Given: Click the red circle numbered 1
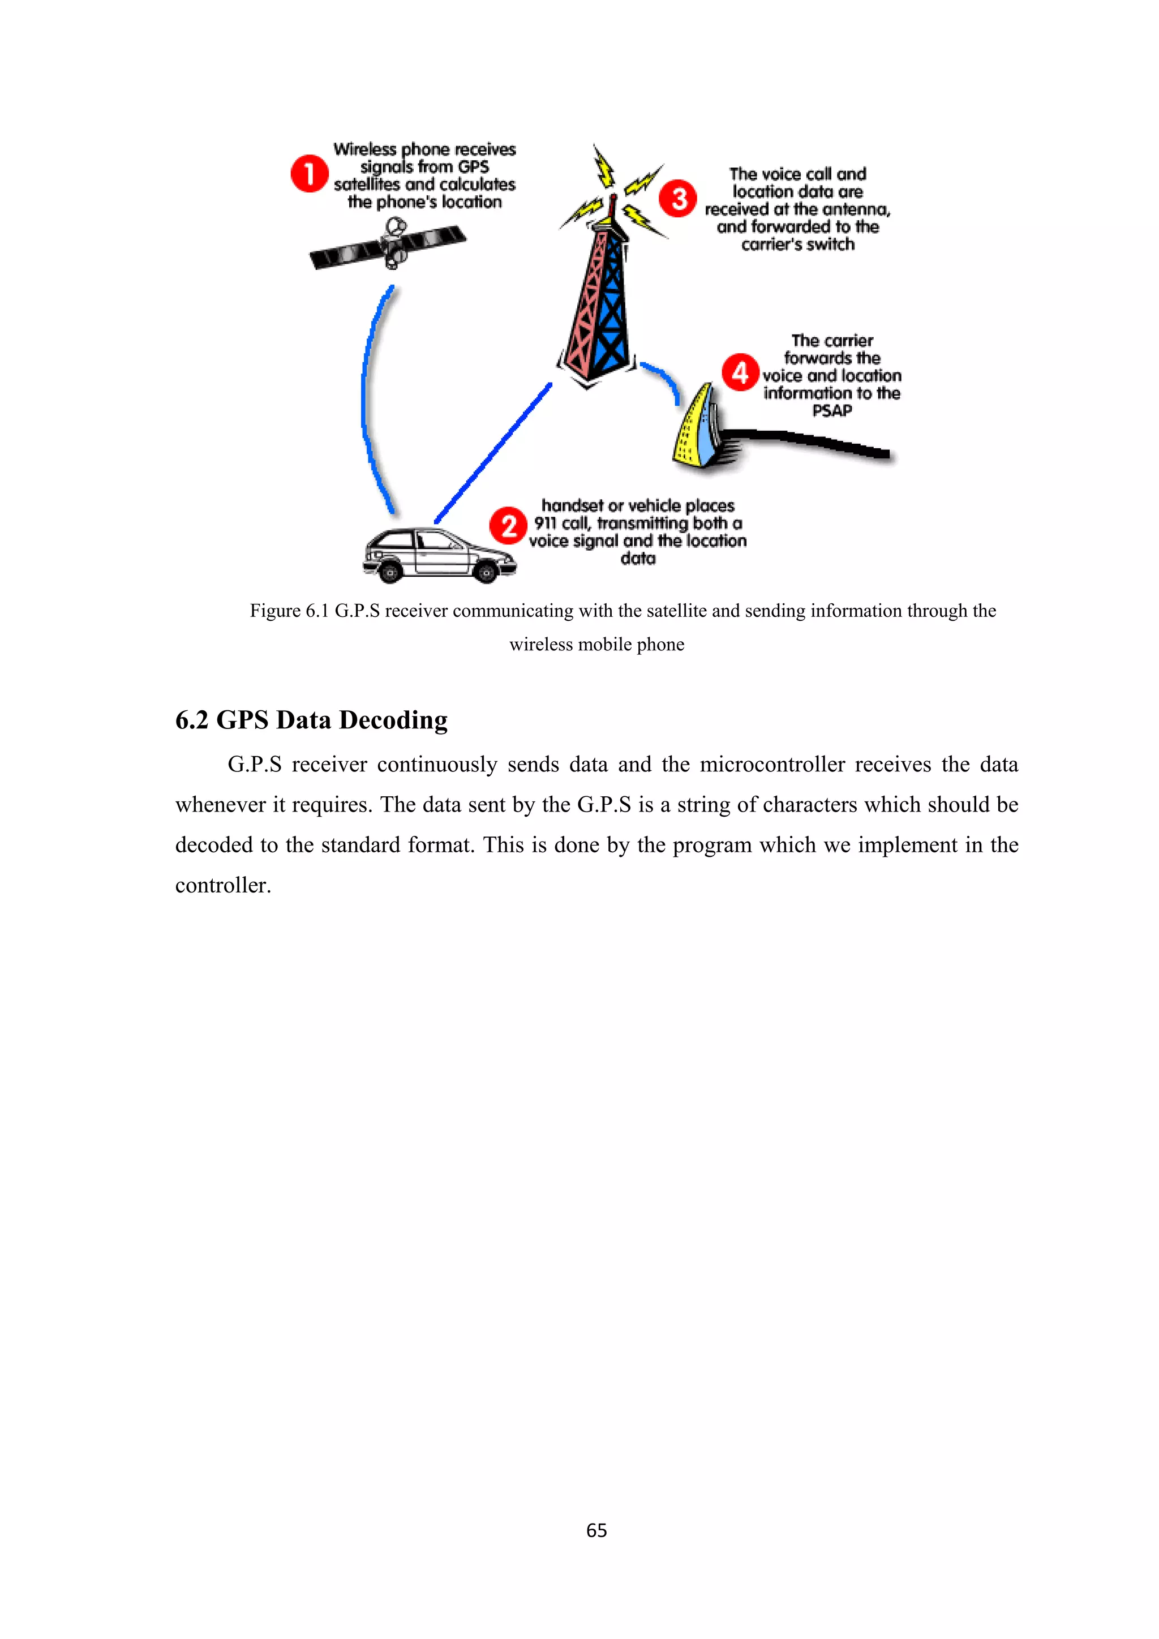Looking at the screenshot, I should tap(309, 174).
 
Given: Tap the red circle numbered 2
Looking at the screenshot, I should tap(508, 526).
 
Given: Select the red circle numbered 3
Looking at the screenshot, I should tap(677, 199).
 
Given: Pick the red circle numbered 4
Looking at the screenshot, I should tap(740, 372).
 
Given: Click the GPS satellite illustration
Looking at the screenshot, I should tap(388, 245).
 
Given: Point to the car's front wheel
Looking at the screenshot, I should tap(486, 571).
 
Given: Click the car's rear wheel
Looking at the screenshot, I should tap(390, 571).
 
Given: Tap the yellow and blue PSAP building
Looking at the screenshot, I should tap(696, 428).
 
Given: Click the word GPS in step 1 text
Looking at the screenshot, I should tap(473, 167).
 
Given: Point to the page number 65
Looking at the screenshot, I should tap(596, 1529).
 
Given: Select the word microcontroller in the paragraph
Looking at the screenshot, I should tap(772, 765).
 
